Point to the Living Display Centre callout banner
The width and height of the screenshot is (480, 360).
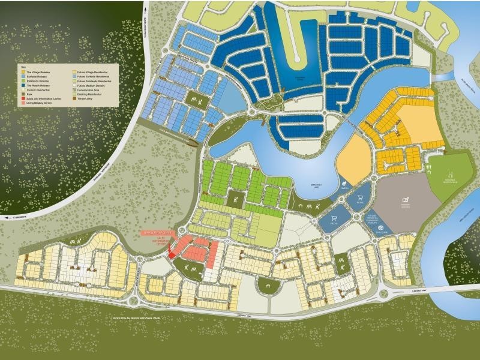157,233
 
